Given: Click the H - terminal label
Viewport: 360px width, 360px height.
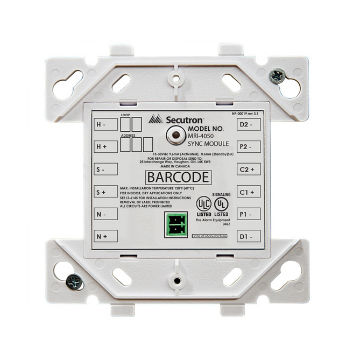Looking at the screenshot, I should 101,124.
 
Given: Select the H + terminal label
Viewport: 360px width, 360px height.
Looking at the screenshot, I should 101,146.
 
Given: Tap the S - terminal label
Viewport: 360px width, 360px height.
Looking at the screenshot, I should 101,169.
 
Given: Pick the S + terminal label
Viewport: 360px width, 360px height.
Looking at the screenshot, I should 101,192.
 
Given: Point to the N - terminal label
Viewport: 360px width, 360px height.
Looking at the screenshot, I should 101,214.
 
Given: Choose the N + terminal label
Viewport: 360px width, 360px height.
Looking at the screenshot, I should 101,236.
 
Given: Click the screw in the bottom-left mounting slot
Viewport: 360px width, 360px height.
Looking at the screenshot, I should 74,280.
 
